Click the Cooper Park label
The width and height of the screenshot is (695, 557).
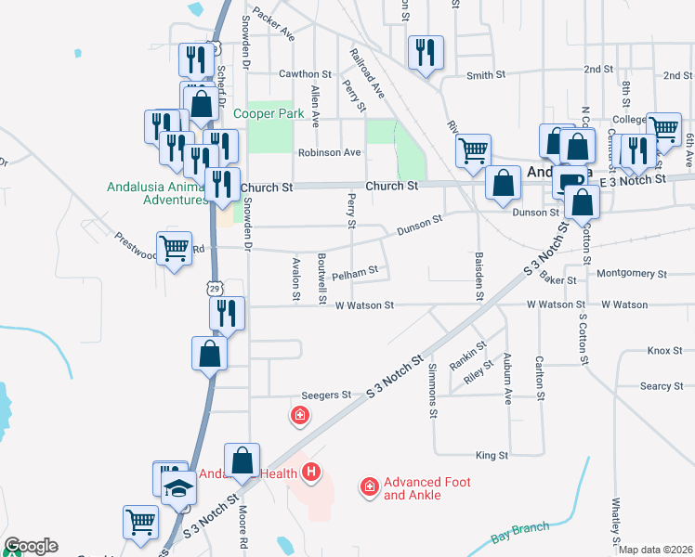coord(269,113)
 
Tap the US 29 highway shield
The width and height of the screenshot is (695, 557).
coord(215,289)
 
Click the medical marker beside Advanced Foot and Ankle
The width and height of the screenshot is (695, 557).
coord(369,486)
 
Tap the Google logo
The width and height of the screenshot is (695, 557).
coord(31,546)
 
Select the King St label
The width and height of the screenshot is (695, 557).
coord(492,456)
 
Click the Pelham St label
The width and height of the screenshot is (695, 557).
coord(355,274)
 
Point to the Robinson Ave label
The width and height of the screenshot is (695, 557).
coord(329,152)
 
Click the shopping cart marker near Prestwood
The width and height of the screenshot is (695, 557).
coord(175,248)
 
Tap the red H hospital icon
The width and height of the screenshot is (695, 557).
coord(312,473)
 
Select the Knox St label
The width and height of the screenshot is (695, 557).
coord(659,351)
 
